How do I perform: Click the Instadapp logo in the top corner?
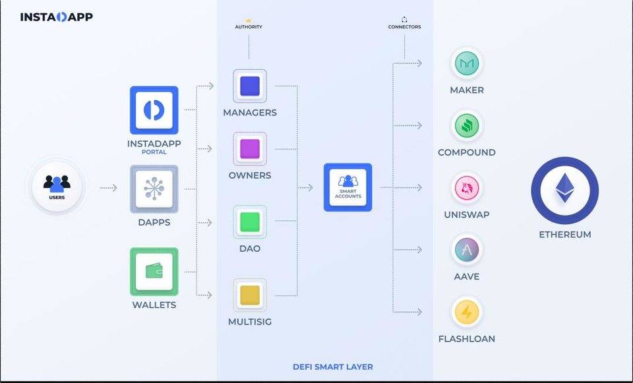pyautogui.click(x=57, y=16)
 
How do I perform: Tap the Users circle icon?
pyautogui.click(x=57, y=188)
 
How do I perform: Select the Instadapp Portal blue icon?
pyautogui.click(x=154, y=110)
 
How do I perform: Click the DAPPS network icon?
pyautogui.click(x=154, y=189)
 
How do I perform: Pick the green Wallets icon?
pyautogui.click(x=154, y=272)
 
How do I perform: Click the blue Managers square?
pyautogui.click(x=250, y=86)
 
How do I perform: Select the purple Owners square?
pyautogui.click(x=250, y=149)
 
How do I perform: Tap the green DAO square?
pyautogui.click(x=250, y=222)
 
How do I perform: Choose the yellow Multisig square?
pyautogui.click(x=250, y=295)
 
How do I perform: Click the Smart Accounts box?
pyautogui.click(x=347, y=187)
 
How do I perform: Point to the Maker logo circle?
pyautogui.click(x=467, y=64)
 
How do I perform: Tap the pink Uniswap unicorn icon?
pyautogui.click(x=467, y=189)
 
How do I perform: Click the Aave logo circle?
pyautogui.click(x=467, y=250)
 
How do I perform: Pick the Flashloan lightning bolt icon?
pyautogui.click(x=467, y=312)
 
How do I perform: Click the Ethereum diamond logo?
pyautogui.click(x=564, y=191)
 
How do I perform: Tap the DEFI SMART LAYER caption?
pyautogui.click(x=332, y=367)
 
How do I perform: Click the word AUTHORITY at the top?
pyautogui.click(x=249, y=27)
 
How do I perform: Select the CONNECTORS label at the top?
pyautogui.click(x=404, y=27)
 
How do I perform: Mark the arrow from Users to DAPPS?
pyautogui.click(x=108, y=189)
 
